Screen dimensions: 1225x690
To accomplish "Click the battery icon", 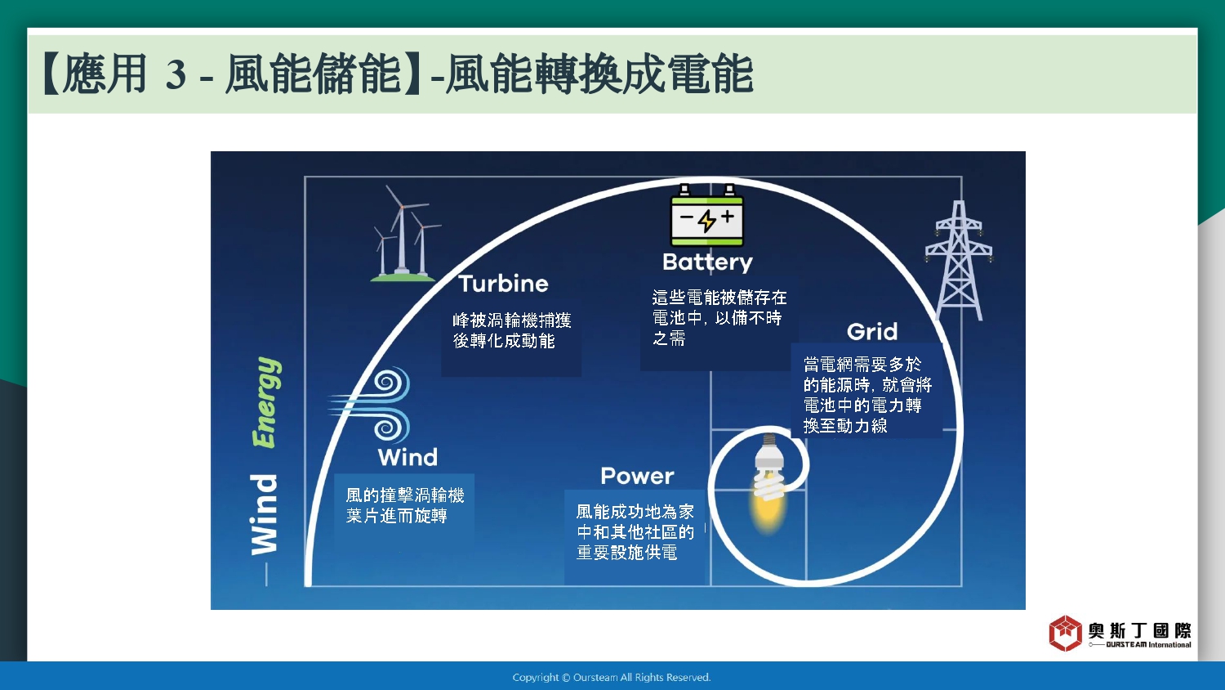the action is (x=706, y=216).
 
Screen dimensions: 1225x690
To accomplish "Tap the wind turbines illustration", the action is (x=405, y=233).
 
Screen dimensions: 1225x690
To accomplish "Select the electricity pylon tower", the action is (x=959, y=260).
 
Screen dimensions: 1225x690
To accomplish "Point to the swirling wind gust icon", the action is (x=369, y=405).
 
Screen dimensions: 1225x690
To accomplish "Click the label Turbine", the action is (x=503, y=284).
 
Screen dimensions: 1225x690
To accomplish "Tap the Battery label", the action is (x=707, y=262).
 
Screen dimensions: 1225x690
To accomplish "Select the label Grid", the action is (x=872, y=331).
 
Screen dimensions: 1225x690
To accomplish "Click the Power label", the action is (x=637, y=476).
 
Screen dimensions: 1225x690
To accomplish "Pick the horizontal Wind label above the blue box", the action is (x=408, y=457).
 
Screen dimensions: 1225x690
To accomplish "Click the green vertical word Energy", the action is (x=266, y=402).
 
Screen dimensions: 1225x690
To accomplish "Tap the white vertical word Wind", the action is (x=264, y=515).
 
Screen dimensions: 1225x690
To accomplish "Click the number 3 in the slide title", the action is (x=176, y=74).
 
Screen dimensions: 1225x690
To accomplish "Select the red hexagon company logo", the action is (x=1065, y=633).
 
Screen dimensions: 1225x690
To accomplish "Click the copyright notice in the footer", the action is (x=612, y=678).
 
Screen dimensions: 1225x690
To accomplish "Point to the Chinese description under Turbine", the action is (x=512, y=330).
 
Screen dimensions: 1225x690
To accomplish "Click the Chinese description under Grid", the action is (x=867, y=395).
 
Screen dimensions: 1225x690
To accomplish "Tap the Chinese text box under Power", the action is (x=635, y=531).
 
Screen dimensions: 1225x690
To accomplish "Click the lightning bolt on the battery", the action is (x=707, y=220).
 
